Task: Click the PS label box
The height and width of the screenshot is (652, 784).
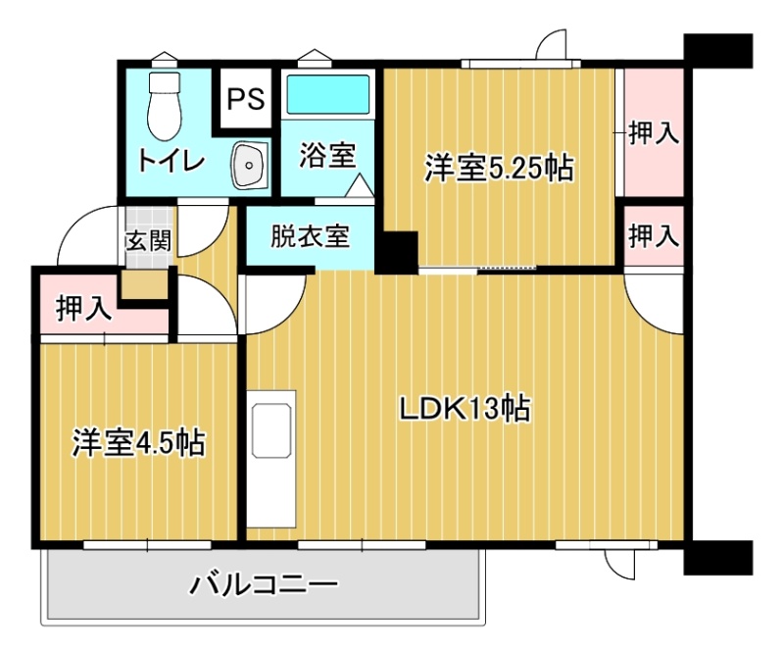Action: coord(246,99)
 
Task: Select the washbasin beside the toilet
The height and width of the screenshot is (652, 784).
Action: coord(250,165)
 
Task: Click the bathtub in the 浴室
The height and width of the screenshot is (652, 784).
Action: coord(327,94)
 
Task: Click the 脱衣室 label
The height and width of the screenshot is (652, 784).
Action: coord(310,235)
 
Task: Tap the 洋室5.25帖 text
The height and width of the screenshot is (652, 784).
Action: coord(499,168)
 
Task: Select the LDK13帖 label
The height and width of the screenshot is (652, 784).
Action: coord(465,409)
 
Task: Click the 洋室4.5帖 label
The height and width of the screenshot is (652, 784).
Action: coord(138,442)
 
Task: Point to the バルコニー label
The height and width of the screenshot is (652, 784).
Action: coord(263,584)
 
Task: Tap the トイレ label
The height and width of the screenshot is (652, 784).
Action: coord(171,161)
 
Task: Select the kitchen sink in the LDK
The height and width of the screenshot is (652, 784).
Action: coord(271,430)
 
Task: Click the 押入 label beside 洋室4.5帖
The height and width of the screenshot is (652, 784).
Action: coord(83,308)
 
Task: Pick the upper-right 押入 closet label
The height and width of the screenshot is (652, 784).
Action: coord(654,133)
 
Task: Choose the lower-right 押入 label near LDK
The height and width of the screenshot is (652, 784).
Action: coord(654,235)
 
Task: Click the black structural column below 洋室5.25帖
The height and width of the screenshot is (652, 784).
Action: coord(397,253)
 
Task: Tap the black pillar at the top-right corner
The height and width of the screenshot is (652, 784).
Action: coord(718,51)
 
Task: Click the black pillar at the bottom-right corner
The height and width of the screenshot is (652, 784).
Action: coord(718,558)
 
